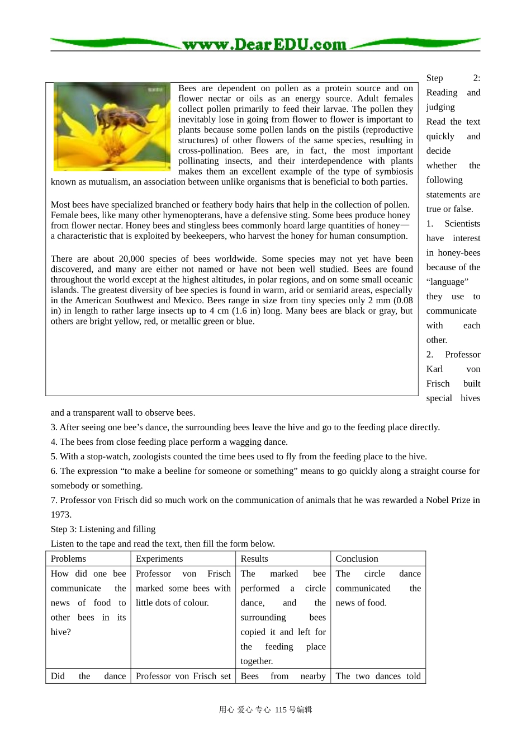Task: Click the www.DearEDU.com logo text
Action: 264,44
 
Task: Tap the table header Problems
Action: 68,558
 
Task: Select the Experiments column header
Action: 159,558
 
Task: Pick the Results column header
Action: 254,558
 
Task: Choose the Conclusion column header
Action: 357,558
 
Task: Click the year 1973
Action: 61,515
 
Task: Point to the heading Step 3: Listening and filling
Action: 103,529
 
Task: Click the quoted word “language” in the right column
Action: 447,282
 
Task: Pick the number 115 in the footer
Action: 281,709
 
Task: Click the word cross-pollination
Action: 211,151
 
